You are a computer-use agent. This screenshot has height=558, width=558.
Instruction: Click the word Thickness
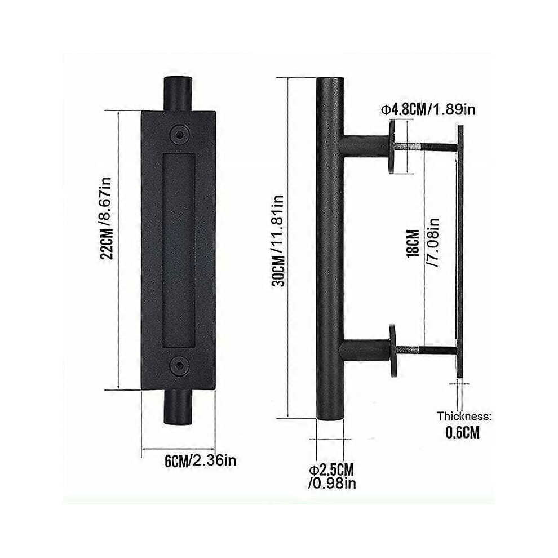[x=465, y=417]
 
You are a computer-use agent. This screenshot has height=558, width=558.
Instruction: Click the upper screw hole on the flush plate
[x=179, y=133]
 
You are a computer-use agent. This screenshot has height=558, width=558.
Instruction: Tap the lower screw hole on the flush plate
[x=179, y=366]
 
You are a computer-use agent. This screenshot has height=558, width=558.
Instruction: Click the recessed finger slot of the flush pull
[x=179, y=249]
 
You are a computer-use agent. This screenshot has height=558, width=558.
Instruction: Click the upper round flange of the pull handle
[x=392, y=148]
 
